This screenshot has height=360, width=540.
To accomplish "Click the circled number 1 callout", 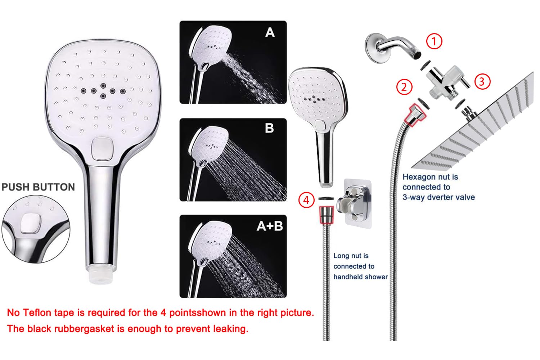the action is pyautogui.click(x=434, y=41).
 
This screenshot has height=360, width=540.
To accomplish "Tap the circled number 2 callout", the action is pyautogui.click(x=404, y=87).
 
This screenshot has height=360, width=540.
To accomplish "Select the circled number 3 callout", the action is pyautogui.click(x=482, y=81).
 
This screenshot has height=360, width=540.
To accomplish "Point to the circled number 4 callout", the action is pyautogui.click(x=306, y=200).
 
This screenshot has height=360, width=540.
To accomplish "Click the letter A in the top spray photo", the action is pyautogui.click(x=270, y=32).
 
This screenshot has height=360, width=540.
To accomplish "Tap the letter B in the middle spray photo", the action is pyautogui.click(x=269, y=128).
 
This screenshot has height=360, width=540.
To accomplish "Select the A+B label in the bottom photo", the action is pyautogui.click(x=270, y=226).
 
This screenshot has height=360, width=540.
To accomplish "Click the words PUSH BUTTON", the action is pyautogui.click(x=38, y=187).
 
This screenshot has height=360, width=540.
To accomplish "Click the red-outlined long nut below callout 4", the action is pyautogui.click(x=327, y=215).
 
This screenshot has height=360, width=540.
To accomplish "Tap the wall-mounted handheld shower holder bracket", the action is pyautogui.click(x=354, y=203).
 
